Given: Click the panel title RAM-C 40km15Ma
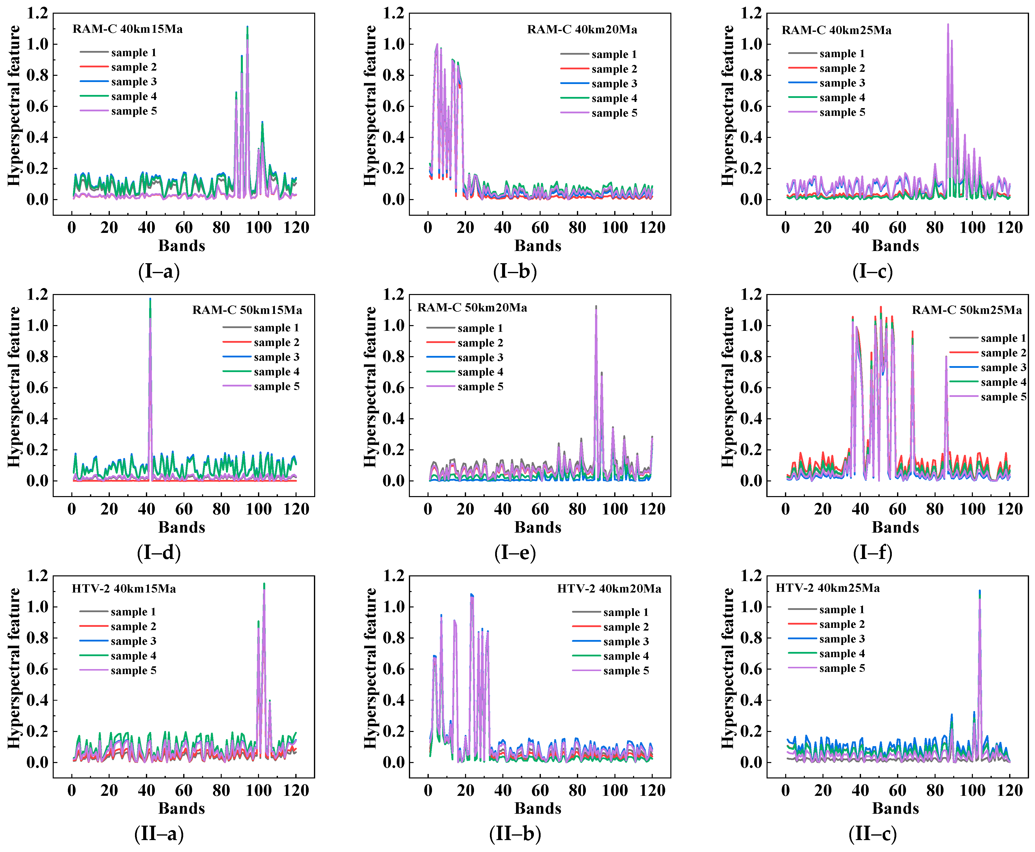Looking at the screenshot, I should click(127, 29).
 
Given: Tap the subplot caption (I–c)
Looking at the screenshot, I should click(872, 271).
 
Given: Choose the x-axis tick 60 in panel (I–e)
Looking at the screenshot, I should click(540, 509).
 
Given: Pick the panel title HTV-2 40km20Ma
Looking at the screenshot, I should click(609, 589).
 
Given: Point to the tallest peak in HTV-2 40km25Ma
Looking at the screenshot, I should click(980, 591).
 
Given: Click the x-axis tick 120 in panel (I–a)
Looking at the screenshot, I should click(296, 228).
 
